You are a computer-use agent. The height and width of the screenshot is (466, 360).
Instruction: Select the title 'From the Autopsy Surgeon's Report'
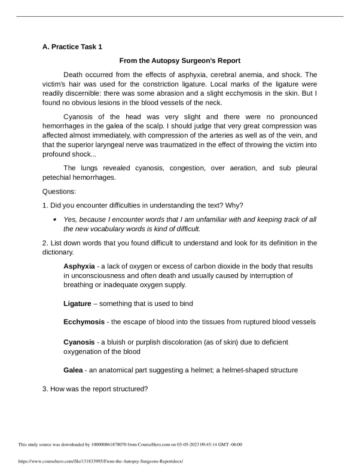pos(180,60)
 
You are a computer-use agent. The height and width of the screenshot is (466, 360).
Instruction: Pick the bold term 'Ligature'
pos(77,304)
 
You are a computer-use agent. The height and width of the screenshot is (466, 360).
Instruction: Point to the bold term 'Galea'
pos(73,370)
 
